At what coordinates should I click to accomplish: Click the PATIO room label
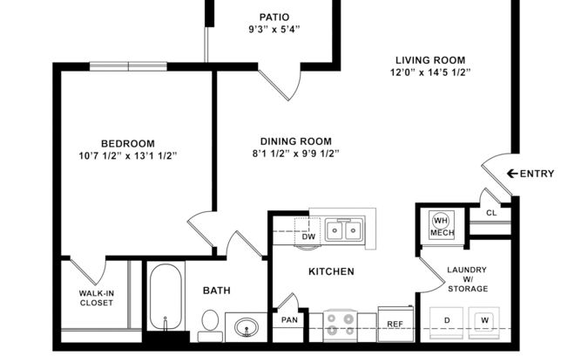point(274,17)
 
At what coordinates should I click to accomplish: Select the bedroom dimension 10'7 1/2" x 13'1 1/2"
point(127,156)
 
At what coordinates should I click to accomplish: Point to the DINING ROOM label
point(296,141)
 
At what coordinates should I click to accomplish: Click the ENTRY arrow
point(512,174)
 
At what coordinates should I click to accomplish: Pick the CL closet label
point(491,212)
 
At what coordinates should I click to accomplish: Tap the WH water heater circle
point(441,220)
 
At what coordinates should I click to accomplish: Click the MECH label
point(442,233)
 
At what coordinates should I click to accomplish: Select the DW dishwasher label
point(308,236)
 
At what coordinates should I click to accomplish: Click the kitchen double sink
point(344,230)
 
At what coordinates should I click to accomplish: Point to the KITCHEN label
point(331,271)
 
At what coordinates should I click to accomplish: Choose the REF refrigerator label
point(394,324)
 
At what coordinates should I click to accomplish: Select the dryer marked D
point(446,321)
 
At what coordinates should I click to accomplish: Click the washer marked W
point(484,321)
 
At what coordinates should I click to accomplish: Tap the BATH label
point(216,291)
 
